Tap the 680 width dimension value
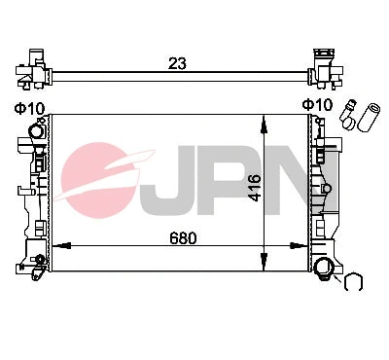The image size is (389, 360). (183, 237)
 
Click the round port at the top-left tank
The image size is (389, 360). (38, 131)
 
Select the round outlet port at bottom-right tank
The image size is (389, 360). (324, 270)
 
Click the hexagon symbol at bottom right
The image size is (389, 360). (354, 283)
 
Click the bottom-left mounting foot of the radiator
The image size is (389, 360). (36, 262)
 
